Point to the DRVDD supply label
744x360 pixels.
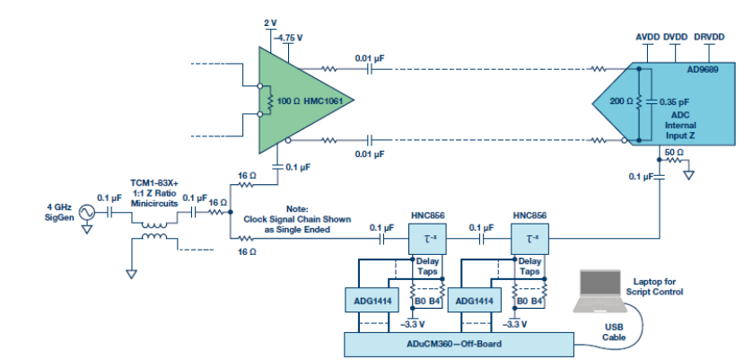coord(710,37)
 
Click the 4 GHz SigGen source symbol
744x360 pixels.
coord(87,213)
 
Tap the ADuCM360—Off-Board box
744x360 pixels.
coord(460,344)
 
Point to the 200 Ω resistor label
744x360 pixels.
coord(622,101)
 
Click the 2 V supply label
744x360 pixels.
coord(272,22)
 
